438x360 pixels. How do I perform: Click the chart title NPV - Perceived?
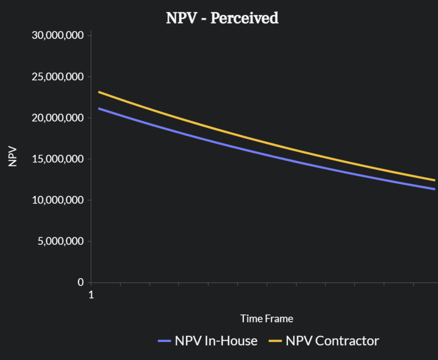(222, 18)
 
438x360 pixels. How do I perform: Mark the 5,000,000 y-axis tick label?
(61, 241)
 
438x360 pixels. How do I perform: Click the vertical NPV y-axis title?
(13, 156)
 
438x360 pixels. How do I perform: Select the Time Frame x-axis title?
(266, 319)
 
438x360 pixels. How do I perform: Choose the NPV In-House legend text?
(216, 341)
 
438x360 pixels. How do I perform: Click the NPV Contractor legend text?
(332, 341)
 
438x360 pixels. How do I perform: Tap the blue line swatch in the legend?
(164, 341)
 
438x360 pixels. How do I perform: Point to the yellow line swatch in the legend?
(275, 341)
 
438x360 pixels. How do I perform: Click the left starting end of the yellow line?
(99, 92)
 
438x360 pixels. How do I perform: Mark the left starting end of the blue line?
(99, 109)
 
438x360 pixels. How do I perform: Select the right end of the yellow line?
(434, 180)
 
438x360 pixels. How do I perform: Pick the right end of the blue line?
(434, 189)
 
